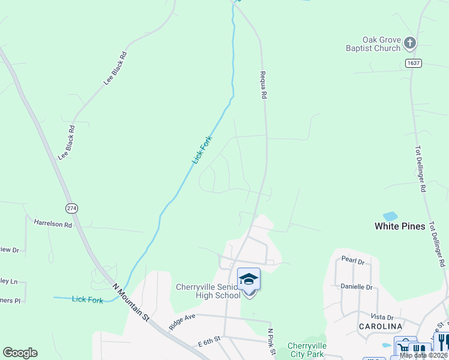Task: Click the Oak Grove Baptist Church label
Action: [x=373, y=44]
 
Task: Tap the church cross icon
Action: [x=410, y=42]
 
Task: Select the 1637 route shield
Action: [x=412, y=63]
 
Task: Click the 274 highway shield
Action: [x=72, y=208]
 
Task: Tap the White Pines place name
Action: [x=400, y=226]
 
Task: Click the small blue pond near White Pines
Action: [x=390, y=215]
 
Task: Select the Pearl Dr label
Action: [x=353, y=262]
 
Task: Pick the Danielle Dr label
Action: [x=357, y=287]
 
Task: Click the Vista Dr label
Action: [x=382, y=317]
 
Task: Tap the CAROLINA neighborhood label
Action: [x=380, y=326]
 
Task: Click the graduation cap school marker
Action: [x=249, y=279]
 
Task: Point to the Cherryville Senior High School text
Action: [x=208, y=290]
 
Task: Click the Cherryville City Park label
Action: [x=307, y=349]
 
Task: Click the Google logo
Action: [x=20, y=353]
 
